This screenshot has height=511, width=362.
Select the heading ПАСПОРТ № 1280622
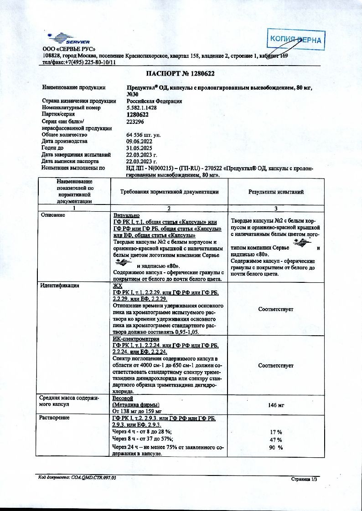pos(181,73)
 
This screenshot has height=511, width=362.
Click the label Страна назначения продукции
pos(79,101)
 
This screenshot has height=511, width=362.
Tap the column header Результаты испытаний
pos(276,192)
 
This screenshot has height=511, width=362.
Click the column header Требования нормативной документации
pos(169,192)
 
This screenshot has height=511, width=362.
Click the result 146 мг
pos(276,404)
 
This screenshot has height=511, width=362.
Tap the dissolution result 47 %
pos(276,439)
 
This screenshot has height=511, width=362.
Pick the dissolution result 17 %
pos(276,431)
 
